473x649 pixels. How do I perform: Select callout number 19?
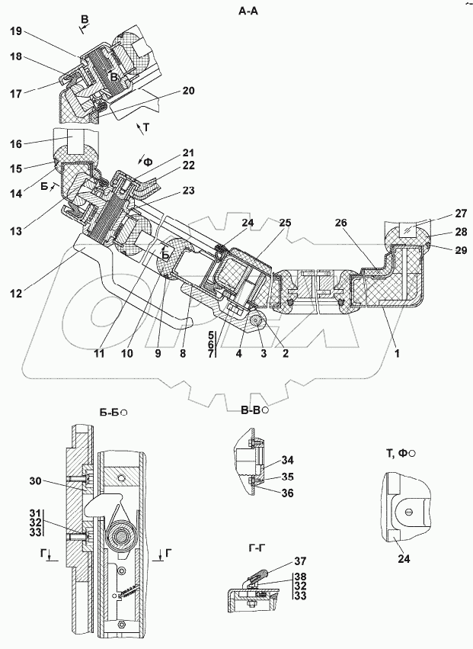(17, 31)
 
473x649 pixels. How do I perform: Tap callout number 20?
(188, 91)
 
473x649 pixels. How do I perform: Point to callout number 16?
(17, 142)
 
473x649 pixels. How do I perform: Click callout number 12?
(17, 291)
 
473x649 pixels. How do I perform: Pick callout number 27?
(460, 214)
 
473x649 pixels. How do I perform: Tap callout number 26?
(340, 223)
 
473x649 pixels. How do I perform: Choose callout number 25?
(284, 223)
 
